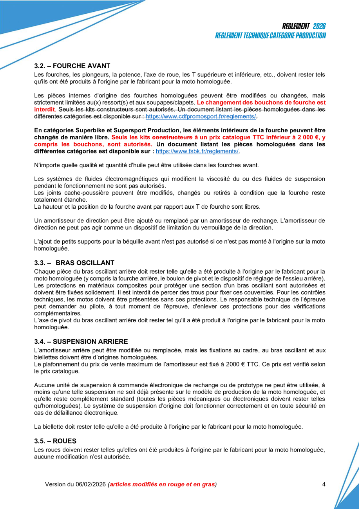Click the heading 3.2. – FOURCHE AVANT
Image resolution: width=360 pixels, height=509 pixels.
[x=72, y=66]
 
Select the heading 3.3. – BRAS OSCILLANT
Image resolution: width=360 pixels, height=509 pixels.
[x=74, y=262]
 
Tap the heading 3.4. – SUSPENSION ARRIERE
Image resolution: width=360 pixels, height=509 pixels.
[x=81, y=341]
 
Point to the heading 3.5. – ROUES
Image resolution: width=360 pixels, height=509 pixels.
[x=55, y=441]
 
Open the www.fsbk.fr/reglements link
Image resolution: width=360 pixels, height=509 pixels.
[x=197, y=151]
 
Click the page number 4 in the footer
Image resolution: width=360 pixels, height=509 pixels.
[x=324, y=484]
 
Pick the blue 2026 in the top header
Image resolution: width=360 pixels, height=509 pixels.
[x=319, y=26]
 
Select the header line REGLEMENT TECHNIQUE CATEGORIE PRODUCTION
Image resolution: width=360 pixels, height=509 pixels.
[x=270, y=36]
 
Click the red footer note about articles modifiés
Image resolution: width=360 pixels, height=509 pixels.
[x=162, y=484]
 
